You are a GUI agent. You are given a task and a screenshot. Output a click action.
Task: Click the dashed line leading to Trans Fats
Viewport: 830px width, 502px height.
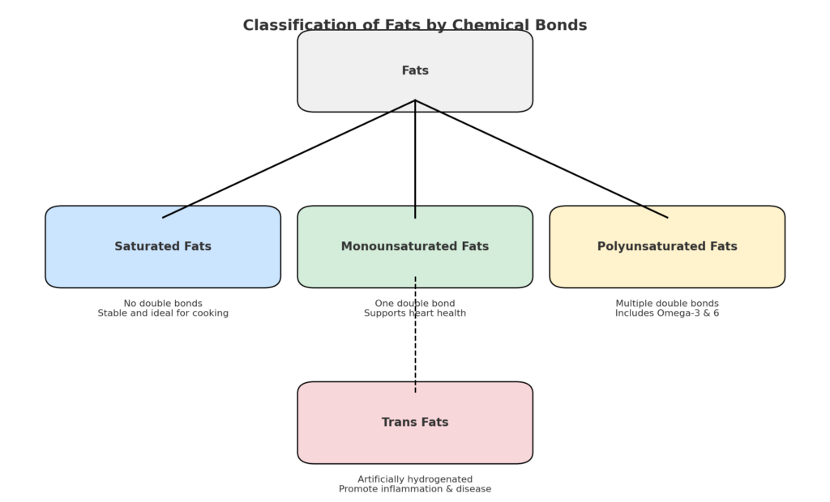tap(415, 348)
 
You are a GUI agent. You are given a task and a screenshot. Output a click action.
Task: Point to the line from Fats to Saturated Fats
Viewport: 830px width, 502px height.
tap(288, 159)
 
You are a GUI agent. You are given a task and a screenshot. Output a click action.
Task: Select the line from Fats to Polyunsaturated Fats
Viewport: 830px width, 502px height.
tap(541, 159)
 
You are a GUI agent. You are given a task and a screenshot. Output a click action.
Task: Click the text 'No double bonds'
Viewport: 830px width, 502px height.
tap(163, 304)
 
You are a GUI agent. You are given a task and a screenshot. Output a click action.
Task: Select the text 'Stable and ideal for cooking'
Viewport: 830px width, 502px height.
tap(163, 313)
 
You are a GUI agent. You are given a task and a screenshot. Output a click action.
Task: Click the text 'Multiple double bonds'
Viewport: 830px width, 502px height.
tap(666, 304)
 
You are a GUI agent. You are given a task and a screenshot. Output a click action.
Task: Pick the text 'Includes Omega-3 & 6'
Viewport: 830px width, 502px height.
tap(666, 313)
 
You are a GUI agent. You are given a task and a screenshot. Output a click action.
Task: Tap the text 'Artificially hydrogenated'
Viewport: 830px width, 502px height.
tap(415, 479)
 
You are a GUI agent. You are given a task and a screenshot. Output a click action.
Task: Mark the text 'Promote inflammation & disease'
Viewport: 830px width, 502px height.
tap(415, 489)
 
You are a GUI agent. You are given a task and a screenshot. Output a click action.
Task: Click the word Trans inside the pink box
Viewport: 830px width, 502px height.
tap(397, 423)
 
